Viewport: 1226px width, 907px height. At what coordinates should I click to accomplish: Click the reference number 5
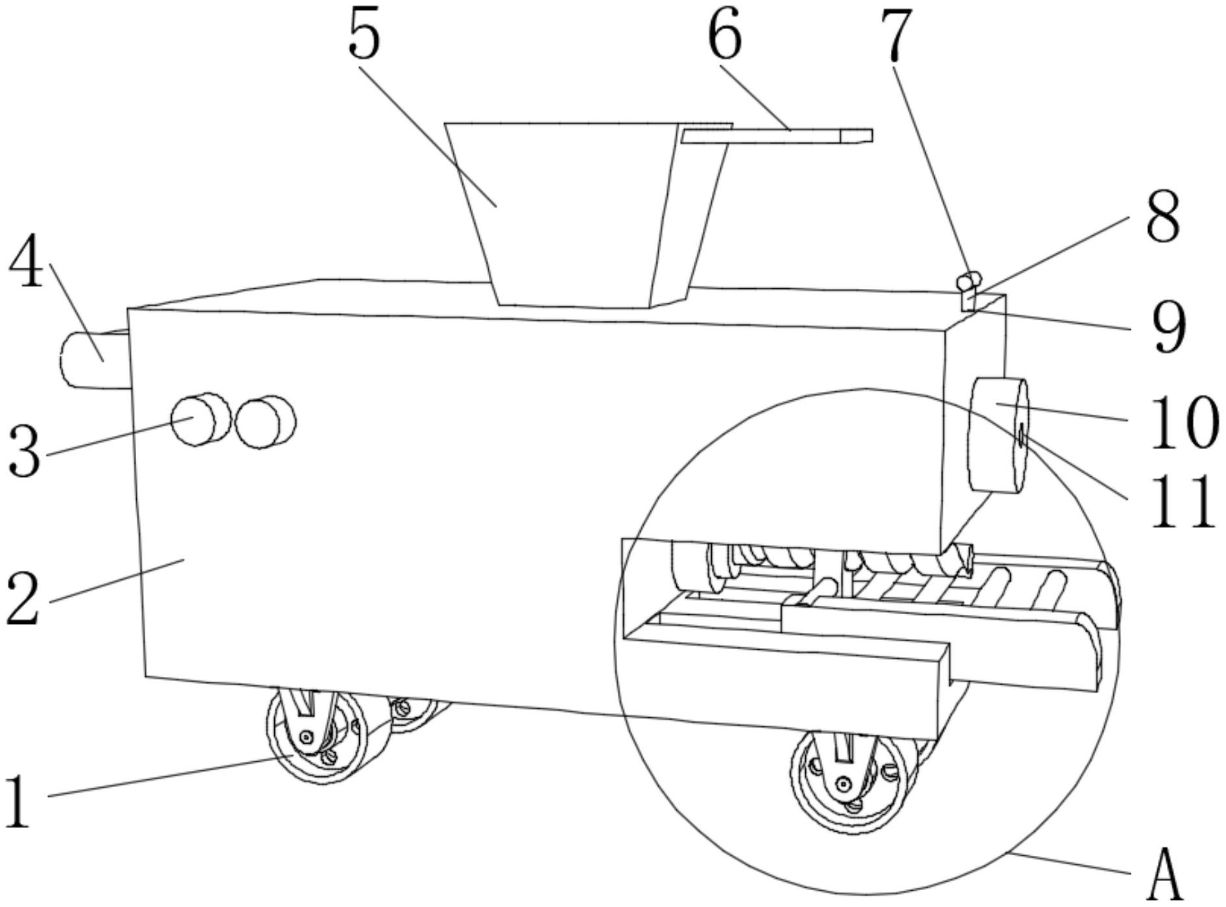pos(364,36)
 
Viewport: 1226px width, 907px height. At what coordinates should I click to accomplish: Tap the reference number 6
pos(724,36)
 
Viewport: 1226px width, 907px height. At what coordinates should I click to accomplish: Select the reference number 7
pos(896,37)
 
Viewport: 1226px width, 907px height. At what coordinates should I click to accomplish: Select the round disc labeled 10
pos(996,435)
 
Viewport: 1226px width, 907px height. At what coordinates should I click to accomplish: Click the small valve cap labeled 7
pos(969,282)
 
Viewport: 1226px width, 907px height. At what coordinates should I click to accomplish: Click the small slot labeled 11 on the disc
pos(1021,436)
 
